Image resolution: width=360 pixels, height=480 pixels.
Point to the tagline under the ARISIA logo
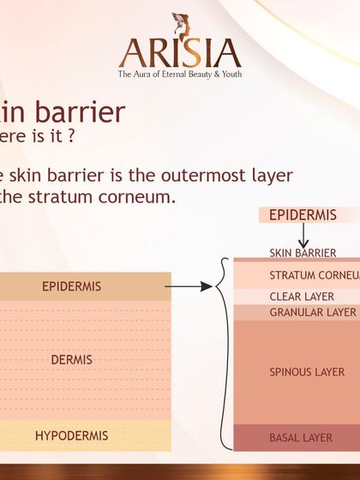point(179,75)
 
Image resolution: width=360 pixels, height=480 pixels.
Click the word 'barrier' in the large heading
point(82,111)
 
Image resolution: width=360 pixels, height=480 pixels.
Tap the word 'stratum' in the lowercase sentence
point(69,196)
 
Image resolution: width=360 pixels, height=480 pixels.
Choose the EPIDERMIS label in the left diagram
point(71,286)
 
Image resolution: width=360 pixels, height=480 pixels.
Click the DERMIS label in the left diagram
point(71,360)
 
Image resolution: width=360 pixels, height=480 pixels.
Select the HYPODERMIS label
point(71,435)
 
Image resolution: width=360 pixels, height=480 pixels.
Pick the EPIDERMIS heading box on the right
point(303,215)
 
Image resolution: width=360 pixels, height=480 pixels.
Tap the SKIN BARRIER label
point(303,253)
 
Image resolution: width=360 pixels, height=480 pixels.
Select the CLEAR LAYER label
point(302,297)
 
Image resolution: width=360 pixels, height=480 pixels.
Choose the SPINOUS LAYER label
point(307,372)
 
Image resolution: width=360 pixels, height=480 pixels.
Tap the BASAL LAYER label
point(301,438)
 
